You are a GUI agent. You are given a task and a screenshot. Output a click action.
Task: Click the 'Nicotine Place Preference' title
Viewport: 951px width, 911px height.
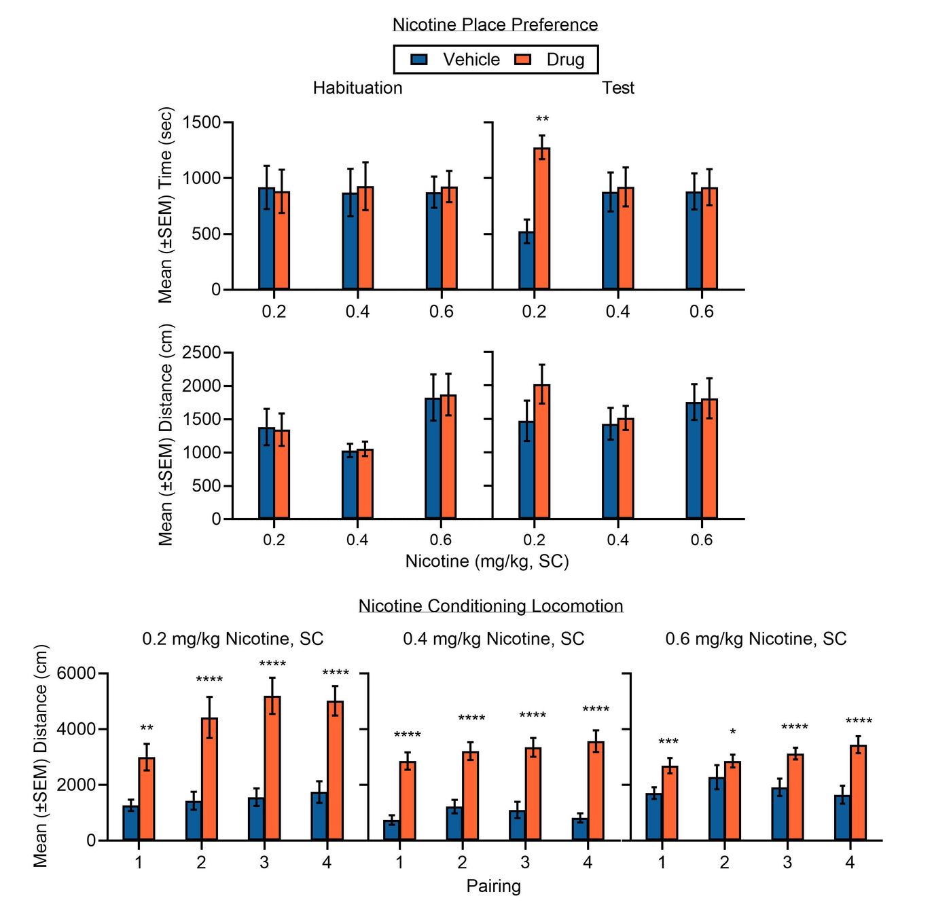495,25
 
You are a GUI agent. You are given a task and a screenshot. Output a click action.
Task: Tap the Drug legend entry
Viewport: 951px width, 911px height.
550,60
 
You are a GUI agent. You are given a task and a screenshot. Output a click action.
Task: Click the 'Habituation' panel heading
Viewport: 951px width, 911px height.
357,88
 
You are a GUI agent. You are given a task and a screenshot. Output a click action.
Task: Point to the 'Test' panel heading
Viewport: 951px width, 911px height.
618,88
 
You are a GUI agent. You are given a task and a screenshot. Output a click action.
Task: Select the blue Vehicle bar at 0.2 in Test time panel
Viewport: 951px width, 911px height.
526,261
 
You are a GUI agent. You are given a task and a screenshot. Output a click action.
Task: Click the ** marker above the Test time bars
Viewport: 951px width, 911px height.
542,120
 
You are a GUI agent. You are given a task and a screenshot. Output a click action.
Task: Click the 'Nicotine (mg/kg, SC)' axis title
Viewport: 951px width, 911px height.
487,561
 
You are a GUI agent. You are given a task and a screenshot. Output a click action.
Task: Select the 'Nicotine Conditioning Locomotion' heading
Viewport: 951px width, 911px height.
490,606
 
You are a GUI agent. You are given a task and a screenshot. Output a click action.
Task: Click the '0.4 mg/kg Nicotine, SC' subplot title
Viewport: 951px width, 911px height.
494,639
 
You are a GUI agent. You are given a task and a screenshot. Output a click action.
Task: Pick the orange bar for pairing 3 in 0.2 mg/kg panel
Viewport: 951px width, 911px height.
272,768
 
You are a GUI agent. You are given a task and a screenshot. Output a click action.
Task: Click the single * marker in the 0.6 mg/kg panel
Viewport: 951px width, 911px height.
733,732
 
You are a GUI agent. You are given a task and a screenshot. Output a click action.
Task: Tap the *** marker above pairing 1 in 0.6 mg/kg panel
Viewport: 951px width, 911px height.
668,742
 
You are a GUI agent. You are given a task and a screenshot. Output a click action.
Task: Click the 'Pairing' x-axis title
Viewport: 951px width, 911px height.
494,886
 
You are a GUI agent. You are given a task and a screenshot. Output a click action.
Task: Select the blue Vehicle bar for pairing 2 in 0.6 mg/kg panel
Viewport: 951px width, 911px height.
717,808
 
